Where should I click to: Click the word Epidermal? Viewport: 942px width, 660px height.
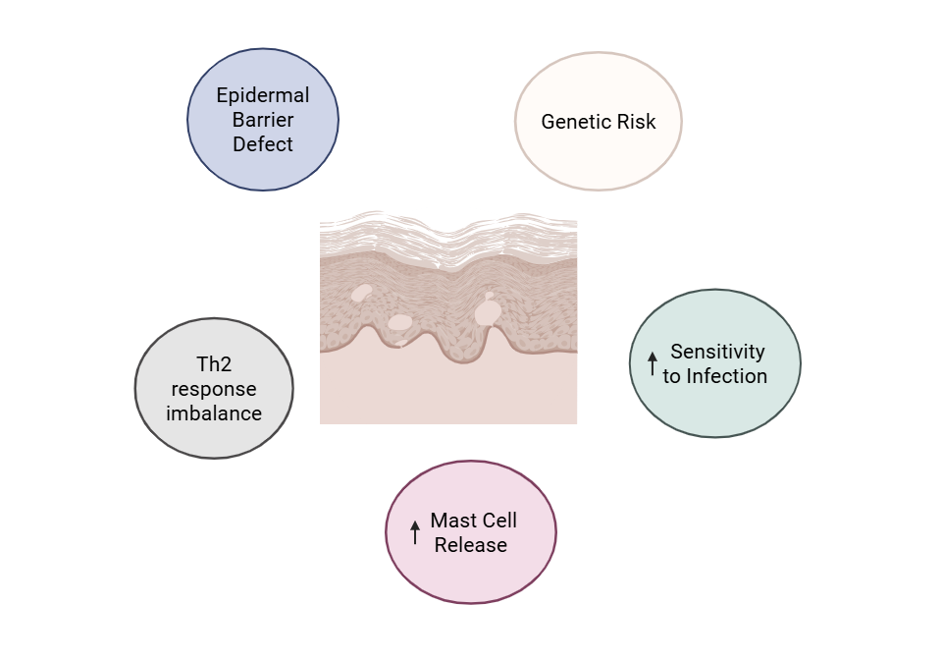(263, 95)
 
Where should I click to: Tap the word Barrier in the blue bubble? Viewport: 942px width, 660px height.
(263, 120)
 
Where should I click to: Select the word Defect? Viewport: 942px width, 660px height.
(263, 144)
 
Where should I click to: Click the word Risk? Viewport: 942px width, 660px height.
(636, 122)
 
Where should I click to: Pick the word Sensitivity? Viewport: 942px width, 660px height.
(717, 352)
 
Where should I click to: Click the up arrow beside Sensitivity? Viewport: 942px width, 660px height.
(653, 364)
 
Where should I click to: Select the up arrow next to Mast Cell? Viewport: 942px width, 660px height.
(415, 532)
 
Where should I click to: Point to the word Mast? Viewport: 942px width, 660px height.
(453, 521)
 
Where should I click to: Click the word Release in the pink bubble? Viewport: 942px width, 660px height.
(471, 545)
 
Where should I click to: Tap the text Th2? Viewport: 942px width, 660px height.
(214, 364)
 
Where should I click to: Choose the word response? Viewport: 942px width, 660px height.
(214, 389)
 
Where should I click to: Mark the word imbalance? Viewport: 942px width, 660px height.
(214, 413)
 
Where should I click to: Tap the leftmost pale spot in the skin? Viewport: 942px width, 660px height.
(361, 292)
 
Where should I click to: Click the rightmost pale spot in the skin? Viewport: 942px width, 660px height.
(488, 311)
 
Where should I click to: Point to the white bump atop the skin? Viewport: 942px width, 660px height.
(449, 218)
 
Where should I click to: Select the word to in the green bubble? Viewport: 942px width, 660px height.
(672, 376)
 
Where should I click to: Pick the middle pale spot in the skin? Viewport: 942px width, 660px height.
(399, 322)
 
